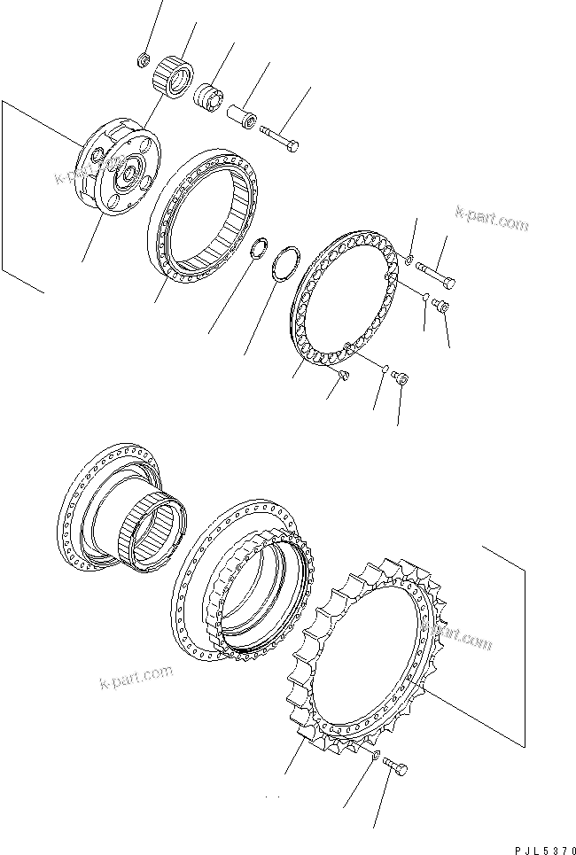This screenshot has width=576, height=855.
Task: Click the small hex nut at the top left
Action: point(141,60)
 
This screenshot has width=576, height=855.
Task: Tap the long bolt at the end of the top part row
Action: point(280,139)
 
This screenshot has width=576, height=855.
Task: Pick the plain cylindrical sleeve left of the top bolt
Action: point(238,116)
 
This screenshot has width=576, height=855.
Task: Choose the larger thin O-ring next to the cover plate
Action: point(285,263)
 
